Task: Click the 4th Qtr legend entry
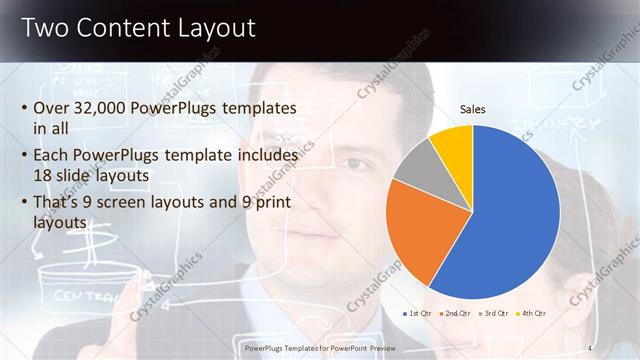(x=535, y=314)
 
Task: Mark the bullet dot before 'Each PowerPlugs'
(x=23, y=156)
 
